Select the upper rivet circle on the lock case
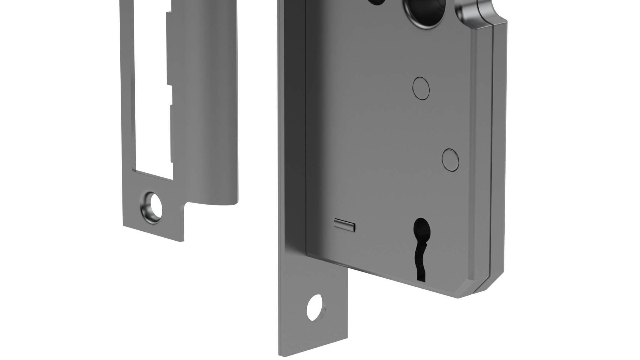(421, 88)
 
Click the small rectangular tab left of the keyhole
(345, 225)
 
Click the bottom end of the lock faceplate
(314, 354)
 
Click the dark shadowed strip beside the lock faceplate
(296, 120)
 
